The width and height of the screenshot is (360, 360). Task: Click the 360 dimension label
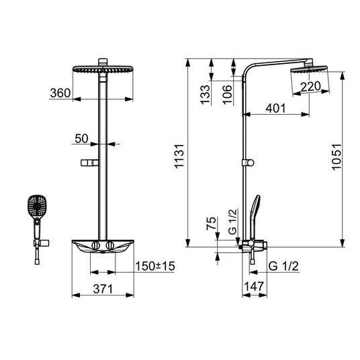pos(60,93)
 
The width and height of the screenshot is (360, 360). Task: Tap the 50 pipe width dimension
pos(81,138)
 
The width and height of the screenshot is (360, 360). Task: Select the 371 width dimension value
pos(103,289)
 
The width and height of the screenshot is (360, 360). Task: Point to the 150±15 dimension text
pos(155,266)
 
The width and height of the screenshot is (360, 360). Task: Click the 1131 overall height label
pos(179,156)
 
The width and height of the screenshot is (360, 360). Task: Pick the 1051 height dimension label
pos(336,157)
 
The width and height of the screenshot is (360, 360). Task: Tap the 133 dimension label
pos(206,95)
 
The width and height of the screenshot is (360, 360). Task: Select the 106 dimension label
pos(227,95)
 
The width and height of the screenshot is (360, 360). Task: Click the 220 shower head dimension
pos(310,87)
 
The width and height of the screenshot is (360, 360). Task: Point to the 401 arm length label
pos(275,108)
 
